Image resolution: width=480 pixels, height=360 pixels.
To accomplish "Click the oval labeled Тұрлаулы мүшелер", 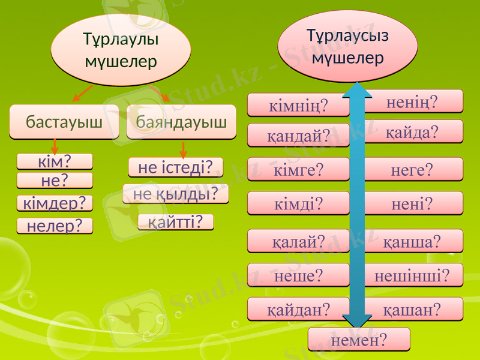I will coord(121,50).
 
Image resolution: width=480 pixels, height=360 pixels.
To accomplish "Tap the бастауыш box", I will coord(64,122).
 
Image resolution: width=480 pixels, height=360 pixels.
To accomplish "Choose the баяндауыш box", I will coord(181,122).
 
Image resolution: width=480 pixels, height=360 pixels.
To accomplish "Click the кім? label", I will coord(55,161).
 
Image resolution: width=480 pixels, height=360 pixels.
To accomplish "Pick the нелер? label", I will coord(55,226).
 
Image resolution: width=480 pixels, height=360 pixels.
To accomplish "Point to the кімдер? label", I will coord(55,203).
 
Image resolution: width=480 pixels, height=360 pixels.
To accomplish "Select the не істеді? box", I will coord(176,167).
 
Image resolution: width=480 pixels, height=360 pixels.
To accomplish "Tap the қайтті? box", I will coord(176,222).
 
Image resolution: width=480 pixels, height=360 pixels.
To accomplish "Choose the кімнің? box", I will coord(298,107).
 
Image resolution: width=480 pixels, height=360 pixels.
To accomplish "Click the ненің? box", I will coord(414,101).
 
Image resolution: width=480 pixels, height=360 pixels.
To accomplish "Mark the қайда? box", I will coord(414,131).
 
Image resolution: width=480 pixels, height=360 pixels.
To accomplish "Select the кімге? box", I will coord(298,170).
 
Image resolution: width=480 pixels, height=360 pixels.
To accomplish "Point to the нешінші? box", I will coord(414,275).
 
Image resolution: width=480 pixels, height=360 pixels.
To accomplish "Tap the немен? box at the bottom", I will coord(359,340).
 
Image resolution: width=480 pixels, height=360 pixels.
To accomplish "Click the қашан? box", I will coord(414,308).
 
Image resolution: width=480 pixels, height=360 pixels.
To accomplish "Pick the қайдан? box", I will coord(298,308).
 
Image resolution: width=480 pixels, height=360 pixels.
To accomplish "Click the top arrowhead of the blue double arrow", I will coord(358,92).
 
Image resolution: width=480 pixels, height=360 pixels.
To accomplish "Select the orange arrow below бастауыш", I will coord(55,146).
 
